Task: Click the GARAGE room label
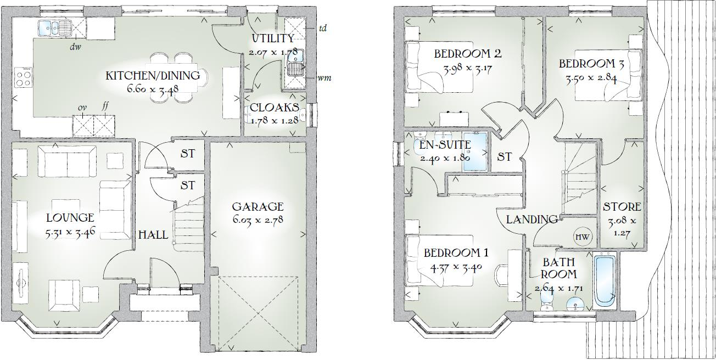[258, 207]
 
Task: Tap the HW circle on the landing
[583, 237]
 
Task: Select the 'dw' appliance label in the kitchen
[76, 47]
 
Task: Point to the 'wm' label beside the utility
[324, 78]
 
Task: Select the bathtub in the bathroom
[605, 280]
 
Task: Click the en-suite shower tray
[474, 152]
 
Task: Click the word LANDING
[532, 220]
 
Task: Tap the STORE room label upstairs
[622, 207]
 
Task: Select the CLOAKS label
[275, 108]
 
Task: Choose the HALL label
[153, 234]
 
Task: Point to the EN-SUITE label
[445, 145]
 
